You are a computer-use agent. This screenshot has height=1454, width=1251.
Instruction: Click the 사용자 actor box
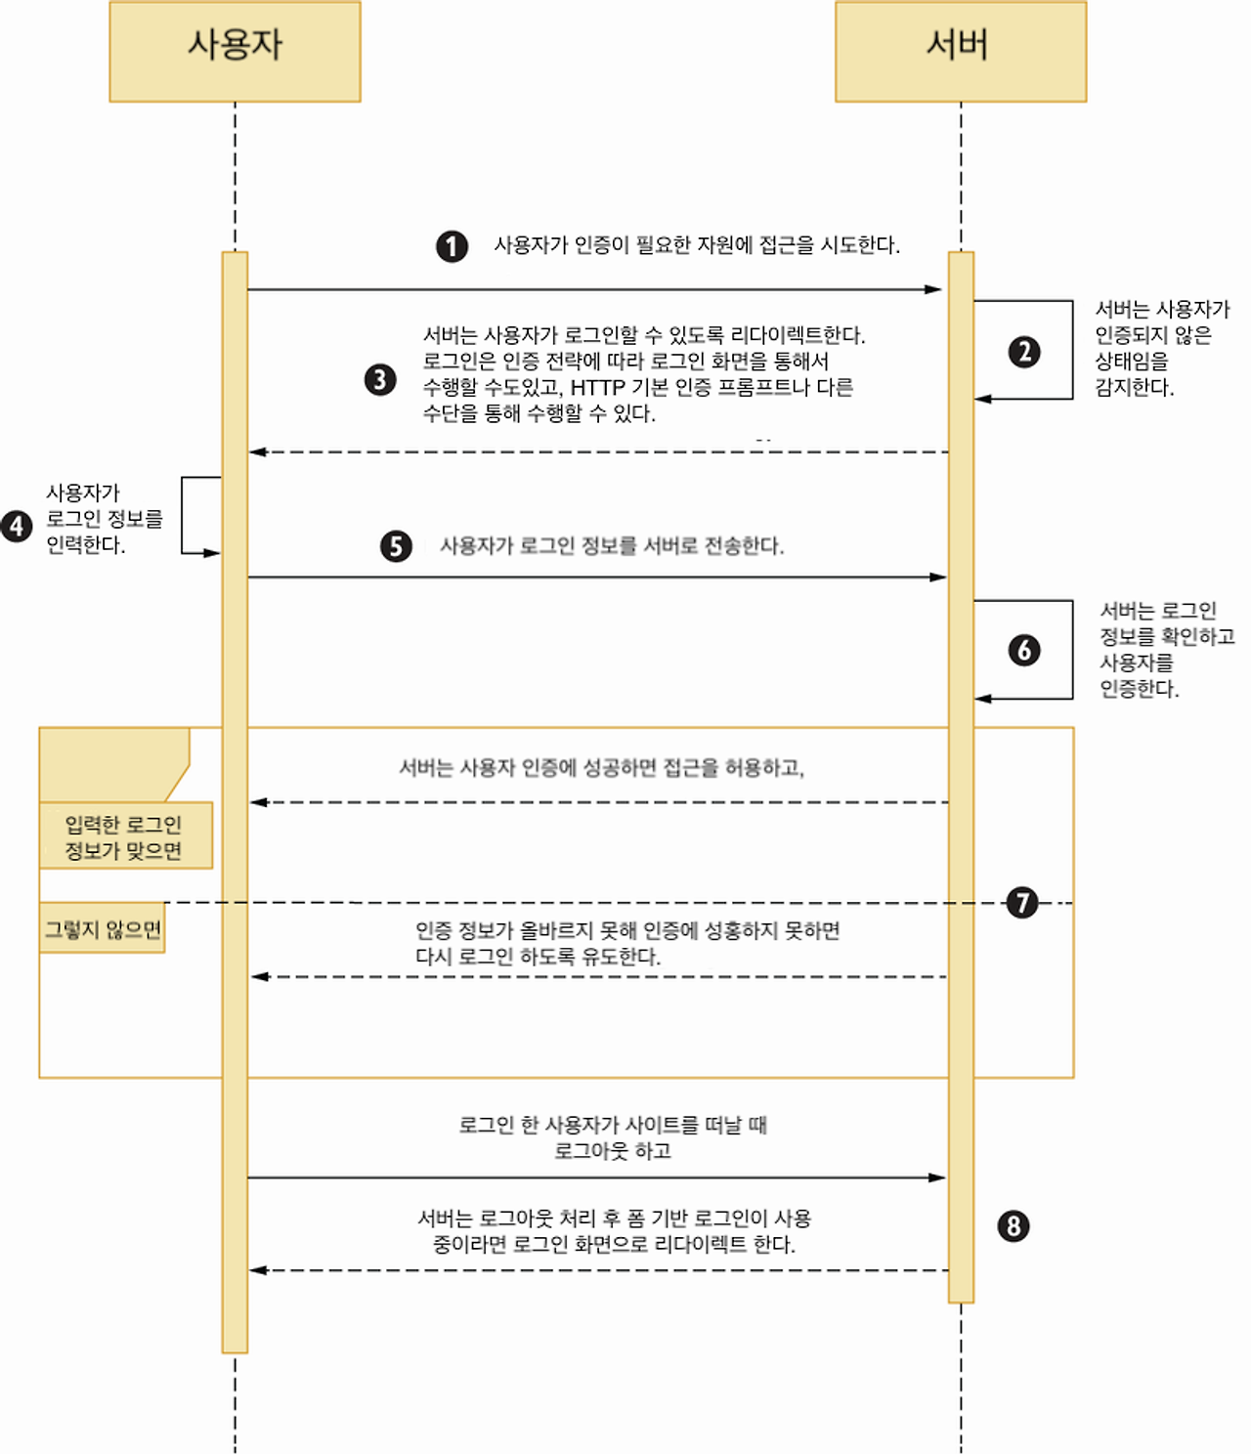click(x=235, y=51)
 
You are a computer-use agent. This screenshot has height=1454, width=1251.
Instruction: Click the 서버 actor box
click(x=960, y=51)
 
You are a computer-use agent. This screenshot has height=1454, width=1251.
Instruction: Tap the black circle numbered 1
click(x=452, y=246)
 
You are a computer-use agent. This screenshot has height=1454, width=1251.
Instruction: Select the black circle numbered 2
click(x=1023, y=352)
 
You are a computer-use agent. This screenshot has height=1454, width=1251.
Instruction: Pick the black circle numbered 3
click(x=380, y=379)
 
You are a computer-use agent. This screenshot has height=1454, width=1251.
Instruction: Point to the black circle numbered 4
click(x=17, y=526)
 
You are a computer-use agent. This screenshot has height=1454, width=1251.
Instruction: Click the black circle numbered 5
click(x=396, y=546)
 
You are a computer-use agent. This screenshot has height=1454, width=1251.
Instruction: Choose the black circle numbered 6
click(x=1023, y=650)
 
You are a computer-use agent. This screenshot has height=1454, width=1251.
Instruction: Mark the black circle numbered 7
click(x=1022, y=902)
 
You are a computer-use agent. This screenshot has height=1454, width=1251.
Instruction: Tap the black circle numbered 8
click(x=1014, y=1225)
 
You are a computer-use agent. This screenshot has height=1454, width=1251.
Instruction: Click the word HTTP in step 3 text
click(x=597, y=388)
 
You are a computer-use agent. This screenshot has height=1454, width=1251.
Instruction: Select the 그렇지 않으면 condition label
click(x=103, y=929)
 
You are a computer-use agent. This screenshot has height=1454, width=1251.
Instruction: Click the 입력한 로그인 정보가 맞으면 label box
click(x=124, y=837)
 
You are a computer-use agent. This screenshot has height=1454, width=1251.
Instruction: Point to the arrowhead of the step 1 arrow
click(x=934, y=289)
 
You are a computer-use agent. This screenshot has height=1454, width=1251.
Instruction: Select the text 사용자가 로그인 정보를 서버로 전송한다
click(x=612, y=546)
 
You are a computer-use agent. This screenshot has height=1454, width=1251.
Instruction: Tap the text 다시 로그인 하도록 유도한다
click(x=538, y=957)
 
